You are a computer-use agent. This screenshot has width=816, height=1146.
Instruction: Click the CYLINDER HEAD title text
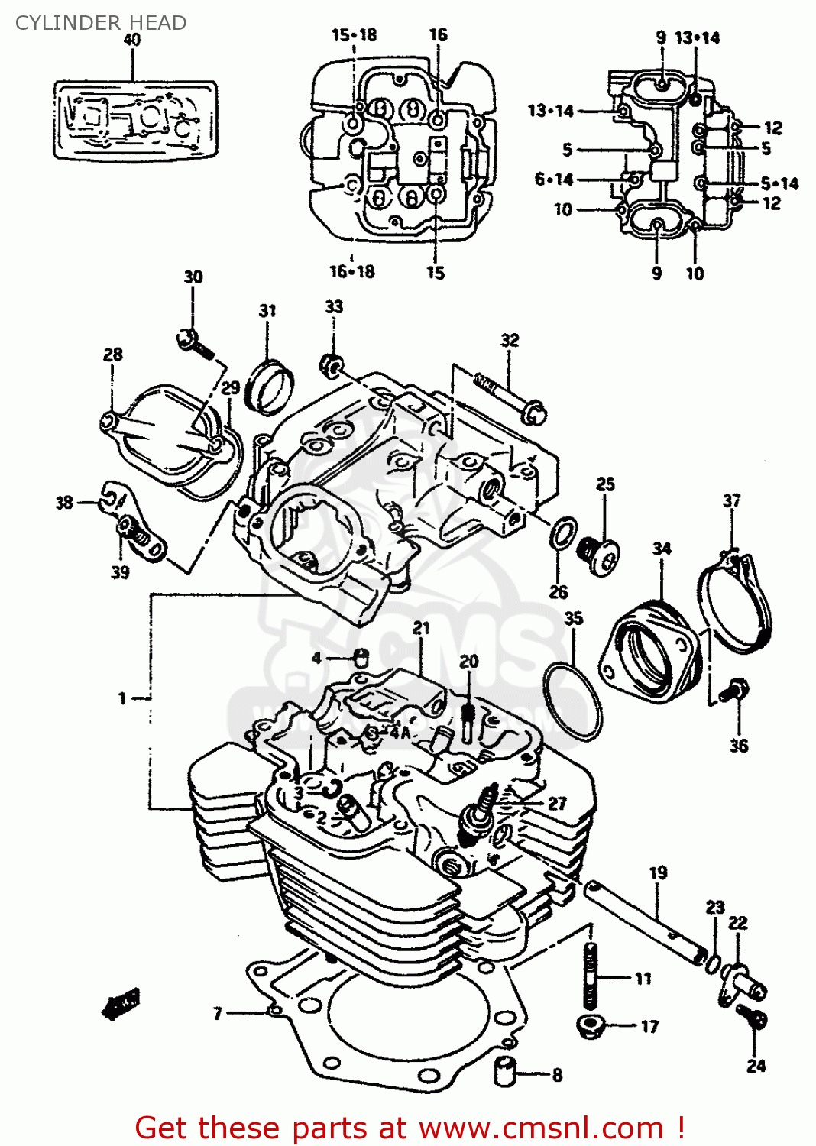(x=101, y=23)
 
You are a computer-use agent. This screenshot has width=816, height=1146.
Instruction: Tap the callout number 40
(x=131, y=40)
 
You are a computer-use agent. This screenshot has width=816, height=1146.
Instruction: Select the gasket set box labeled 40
(x=135, y=121)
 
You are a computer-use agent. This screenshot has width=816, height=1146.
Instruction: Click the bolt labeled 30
(x=196, y=343)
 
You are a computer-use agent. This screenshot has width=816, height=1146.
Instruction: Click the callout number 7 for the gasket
(x=218, y=1013)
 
